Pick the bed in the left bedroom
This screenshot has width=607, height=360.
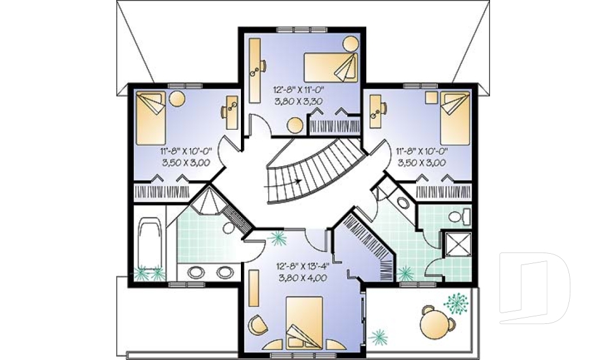pyautogui.click(x=151, y=119)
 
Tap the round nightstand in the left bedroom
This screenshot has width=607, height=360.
pyautogui.click(x=177, y=99)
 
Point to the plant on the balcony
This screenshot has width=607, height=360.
pyautogui.click(x=455, y=303)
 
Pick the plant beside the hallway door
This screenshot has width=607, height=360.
pyautogui.click(x=277, y=239)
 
